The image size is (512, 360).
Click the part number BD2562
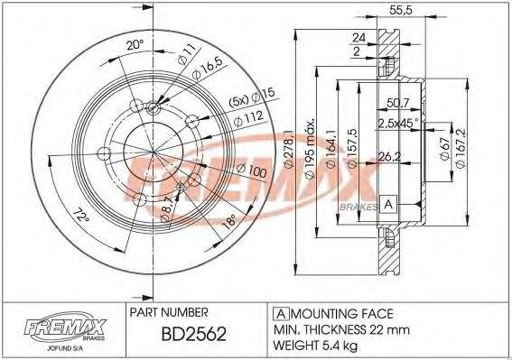coord(193,334)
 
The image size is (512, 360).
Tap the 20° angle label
coord(135,45)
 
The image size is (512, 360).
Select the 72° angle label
coord(80,217)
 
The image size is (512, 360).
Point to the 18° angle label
coord(228,221)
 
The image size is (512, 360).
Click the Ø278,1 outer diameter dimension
coord(289,149)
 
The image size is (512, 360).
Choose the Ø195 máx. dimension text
coord(311,149)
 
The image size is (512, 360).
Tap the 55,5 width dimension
coord(401,10)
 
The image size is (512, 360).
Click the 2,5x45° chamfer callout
coord(398,123)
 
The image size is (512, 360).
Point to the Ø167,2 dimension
coord(461,148)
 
